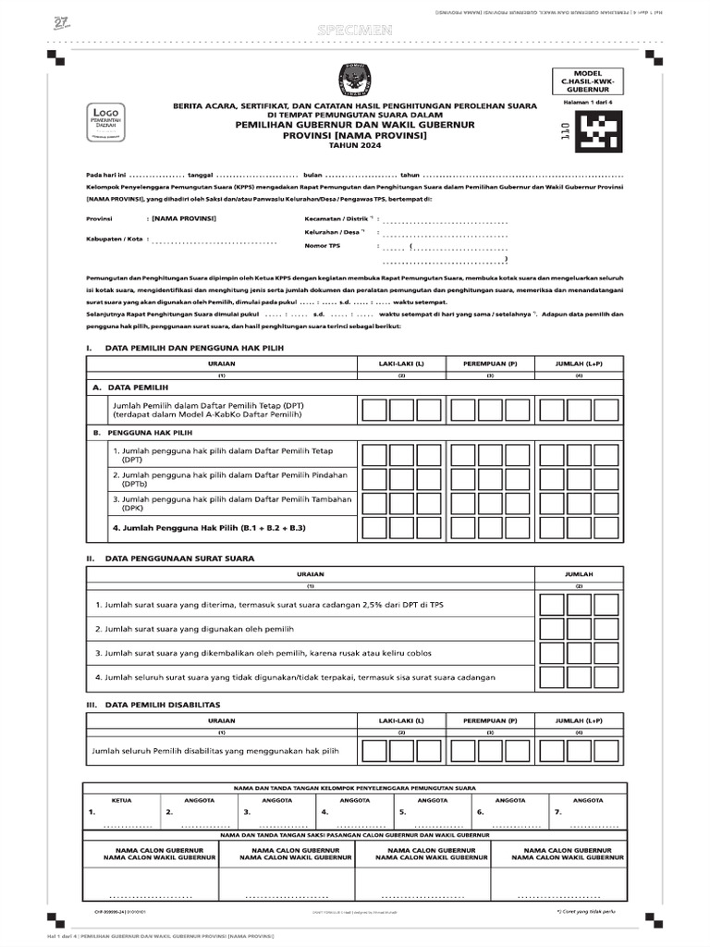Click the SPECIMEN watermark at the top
point(354,31)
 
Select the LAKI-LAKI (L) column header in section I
point(401,363)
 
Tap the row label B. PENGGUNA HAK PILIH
point(142,432)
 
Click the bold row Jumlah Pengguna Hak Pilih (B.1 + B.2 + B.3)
point(208,527)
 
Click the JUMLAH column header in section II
point(579,574)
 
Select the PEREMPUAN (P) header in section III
point(490,719)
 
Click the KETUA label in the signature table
point(122,799)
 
